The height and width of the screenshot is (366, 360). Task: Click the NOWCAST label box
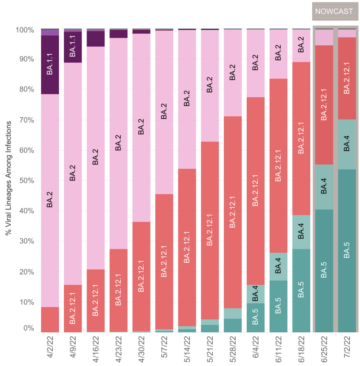pyautogui.click(x=334, y=11)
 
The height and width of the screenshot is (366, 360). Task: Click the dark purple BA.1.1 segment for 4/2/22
pyautogui.click(x=50, y=64)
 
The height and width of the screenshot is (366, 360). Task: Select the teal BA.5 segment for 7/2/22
pyautogui.click(x=347, y=250)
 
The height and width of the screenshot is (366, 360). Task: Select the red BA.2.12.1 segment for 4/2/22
pyautogui.click(x=50, y=319)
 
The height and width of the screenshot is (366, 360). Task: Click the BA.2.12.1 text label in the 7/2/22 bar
pyautogui.click(x=347, y=79)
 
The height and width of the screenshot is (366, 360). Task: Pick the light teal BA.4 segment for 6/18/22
pyautogui.click(x=301, y=232)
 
